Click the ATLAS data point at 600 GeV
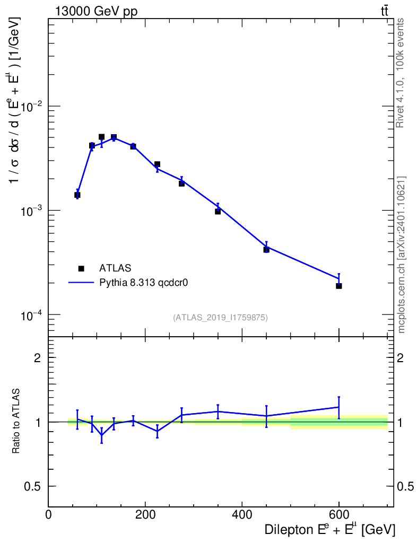(339, 286)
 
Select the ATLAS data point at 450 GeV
(266, 250)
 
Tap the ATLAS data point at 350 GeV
(218, 212)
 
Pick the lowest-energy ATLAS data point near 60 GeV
(77, 195)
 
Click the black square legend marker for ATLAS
(81, 269)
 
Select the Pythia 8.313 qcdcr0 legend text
(144, 283)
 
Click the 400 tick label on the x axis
(242, 514)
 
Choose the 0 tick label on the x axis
(49, 514)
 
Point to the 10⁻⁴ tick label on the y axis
(32, 316)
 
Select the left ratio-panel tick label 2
(38, 357)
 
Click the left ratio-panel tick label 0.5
(33, 486)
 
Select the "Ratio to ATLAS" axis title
(16, 422)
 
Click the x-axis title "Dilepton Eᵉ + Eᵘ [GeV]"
(329, 529)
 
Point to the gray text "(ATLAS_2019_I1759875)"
(220, 318)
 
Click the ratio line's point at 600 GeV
(339, 407)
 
